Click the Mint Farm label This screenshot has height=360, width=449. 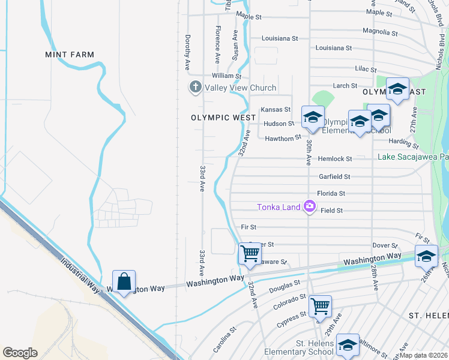pos(70,55)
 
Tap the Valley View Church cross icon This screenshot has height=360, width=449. pos(195,88)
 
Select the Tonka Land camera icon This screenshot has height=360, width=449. pos(310,206)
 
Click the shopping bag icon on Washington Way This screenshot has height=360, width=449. pos(124,281)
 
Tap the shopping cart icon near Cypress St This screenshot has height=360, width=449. pos(320,306)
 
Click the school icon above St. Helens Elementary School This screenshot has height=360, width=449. pos(348,344)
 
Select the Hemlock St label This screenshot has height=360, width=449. pos(335,159)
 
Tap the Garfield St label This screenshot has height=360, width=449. pos(334,177)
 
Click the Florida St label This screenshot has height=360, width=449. pos(331,194)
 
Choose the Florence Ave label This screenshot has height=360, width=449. pos(218,44)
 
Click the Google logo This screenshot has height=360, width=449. pos(20,353)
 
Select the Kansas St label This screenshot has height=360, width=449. pos(276,110)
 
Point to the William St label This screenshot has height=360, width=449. pos(226,76)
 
